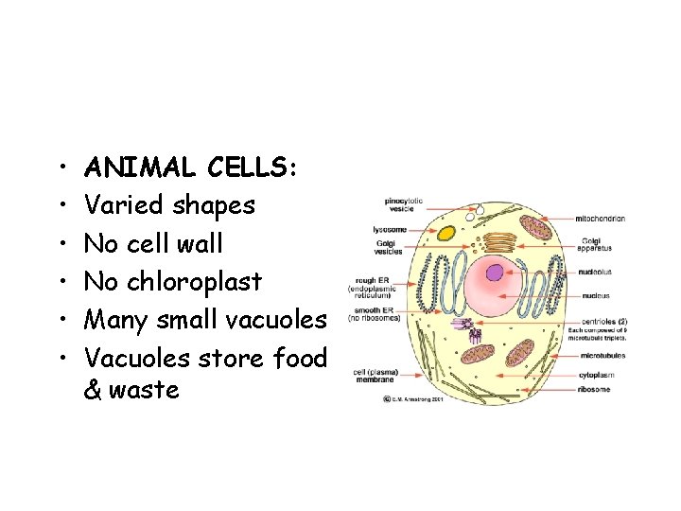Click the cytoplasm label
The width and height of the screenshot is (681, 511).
pos(602,375)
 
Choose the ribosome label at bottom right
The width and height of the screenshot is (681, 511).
pos(601,389)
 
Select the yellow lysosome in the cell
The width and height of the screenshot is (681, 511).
pos(445,230)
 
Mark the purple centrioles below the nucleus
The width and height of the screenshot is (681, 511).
pos(470,328)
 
